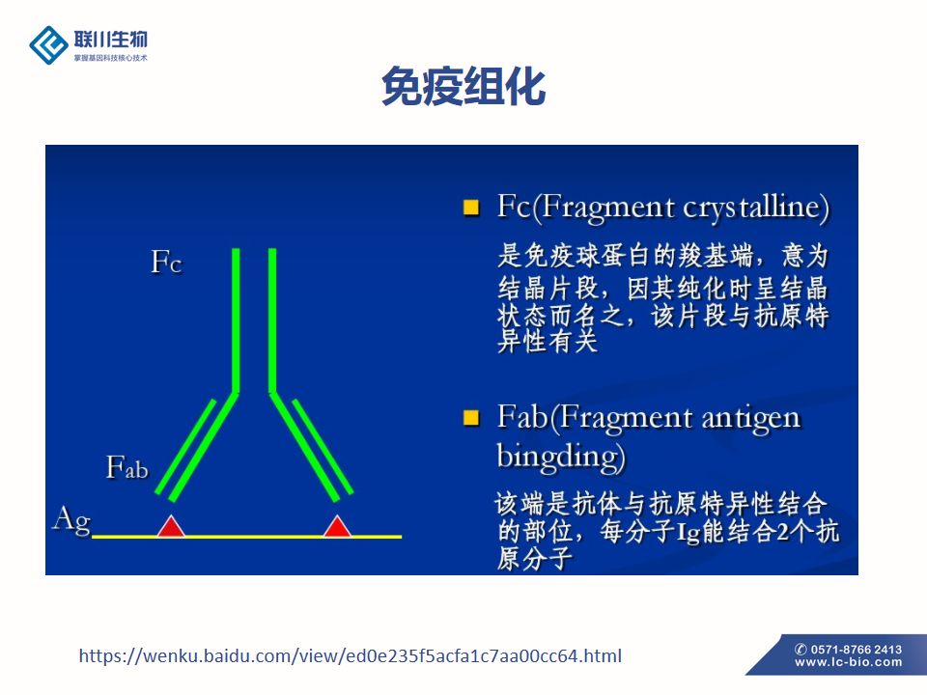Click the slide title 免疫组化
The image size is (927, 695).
(x=463, y=86)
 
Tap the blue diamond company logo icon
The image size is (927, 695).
(x=48, y=45)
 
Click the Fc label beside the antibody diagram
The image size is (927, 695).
(x=166, y=262)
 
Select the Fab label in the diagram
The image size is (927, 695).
(x=127, y=467)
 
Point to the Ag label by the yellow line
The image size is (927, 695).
(x=71, y=520)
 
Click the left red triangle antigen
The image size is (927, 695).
(x=171, y=526)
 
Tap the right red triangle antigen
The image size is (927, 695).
(x=337, y=526)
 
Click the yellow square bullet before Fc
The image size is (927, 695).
(x=471, y=207)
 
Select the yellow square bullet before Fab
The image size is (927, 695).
(x=471, y=418)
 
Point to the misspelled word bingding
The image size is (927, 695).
(x=559, y=458)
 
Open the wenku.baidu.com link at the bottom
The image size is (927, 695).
(x=350, y=655)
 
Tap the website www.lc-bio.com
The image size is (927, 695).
(x=849, y=662)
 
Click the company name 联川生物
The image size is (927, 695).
(x=110, y=40)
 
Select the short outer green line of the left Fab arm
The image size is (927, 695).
(x=185, y=447)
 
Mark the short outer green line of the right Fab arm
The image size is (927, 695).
(x=323, y=447)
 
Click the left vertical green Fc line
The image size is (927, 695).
(x=236, y=320)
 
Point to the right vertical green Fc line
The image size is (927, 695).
(x=272, y=320)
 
